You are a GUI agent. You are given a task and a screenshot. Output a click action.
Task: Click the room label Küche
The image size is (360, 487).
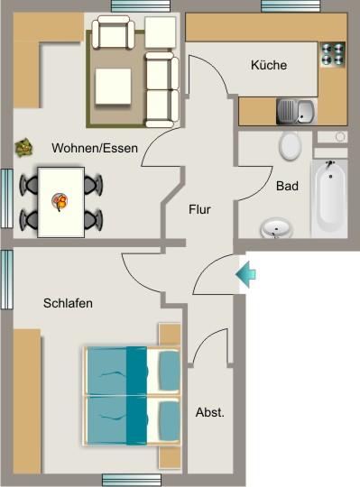(269, 65)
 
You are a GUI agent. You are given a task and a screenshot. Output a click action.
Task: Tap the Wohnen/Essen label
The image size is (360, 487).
(95, 149)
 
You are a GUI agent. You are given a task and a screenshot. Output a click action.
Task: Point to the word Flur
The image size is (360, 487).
(199, 209)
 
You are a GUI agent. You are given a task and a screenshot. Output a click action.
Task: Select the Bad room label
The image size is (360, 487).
(287, 187)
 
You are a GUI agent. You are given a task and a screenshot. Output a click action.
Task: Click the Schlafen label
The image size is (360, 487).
(68, 303)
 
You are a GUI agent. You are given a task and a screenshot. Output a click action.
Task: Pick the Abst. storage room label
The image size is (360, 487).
(209, 412)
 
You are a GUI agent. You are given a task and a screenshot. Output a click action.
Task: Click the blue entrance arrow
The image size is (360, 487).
(245, 273)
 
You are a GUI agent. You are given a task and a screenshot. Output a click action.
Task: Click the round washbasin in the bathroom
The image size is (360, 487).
(276, 228)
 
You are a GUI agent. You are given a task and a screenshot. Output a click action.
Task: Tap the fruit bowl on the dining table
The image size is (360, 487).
(61, 201)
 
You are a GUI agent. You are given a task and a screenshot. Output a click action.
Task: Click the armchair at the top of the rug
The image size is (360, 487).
(115, 35)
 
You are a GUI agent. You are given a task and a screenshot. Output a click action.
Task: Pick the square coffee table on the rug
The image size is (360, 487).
(115, 87)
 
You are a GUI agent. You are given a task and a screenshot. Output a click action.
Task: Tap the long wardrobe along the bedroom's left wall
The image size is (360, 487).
(27, 400)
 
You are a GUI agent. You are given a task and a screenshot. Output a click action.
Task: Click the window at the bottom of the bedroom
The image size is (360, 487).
(131, 480)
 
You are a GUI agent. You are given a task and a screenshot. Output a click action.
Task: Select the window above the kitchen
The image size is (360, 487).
(291, 6)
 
